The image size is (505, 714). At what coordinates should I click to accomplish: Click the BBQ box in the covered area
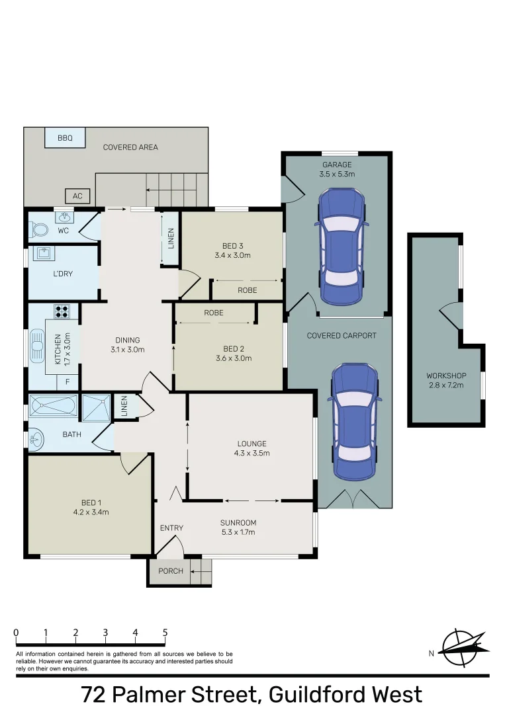pos(64,138)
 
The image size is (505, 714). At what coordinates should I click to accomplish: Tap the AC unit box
pos(77,196)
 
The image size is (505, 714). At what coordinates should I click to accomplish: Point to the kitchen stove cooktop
pos(62,311)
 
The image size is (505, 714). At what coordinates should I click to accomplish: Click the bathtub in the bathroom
pos(53,405)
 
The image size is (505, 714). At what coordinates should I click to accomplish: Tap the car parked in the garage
pos(342,247)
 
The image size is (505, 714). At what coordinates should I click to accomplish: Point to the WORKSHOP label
pos(446,376)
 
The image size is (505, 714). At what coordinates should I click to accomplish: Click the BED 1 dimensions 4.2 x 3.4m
pos(90,512)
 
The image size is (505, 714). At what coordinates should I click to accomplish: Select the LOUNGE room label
pos(252,444)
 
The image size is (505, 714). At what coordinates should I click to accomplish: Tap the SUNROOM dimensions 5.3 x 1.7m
pos(238,532)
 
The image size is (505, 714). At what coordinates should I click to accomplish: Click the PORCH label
pos(171,571)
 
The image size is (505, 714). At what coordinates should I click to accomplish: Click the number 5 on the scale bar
pos(165,633)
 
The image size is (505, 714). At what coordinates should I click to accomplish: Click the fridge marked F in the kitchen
pos(67,381)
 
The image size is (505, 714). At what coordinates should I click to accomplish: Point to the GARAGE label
pos(337,165)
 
